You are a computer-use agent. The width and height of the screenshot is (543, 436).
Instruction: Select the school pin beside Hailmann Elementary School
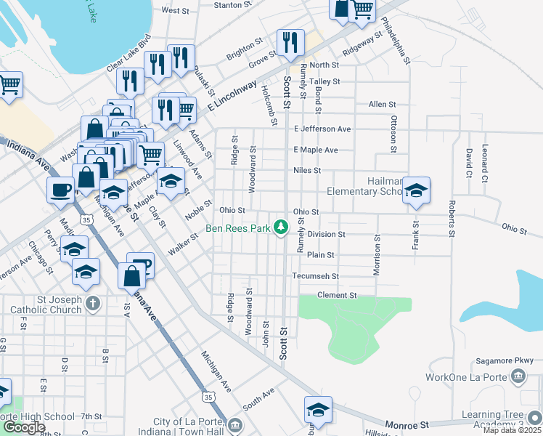[x=416, y=191]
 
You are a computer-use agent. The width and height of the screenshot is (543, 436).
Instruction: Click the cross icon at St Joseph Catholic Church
[x=92, y=303]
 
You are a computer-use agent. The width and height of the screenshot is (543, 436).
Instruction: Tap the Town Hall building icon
[x=234, y=424]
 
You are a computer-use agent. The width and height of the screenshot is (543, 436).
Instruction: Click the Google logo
[x=24, y=427]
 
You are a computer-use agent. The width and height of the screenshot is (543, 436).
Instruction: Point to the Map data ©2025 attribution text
[x=513, y=431]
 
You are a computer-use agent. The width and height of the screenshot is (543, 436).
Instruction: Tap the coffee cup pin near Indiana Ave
[x=60, y=190]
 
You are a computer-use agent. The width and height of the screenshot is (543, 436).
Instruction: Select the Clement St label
[x=338, y=296]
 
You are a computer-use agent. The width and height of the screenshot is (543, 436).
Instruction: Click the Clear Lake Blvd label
[x=128, y=53]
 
